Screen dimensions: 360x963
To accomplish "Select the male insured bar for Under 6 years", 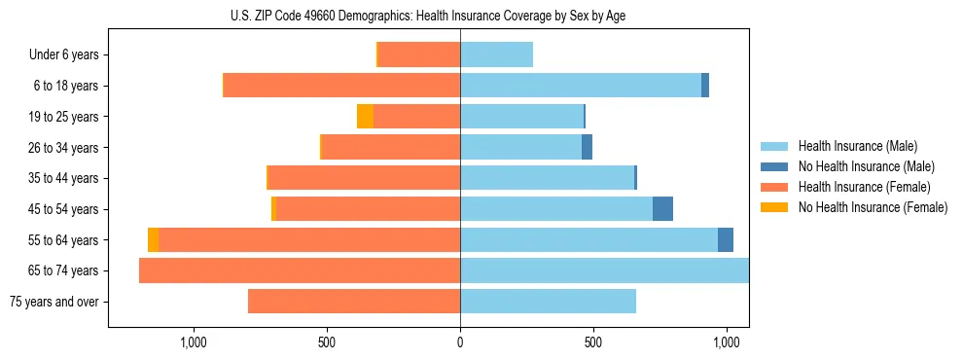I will click(496, 54).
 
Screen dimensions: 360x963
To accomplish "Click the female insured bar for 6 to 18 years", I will click(341, 86).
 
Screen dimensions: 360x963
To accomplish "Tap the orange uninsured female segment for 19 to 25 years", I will click(365, 117).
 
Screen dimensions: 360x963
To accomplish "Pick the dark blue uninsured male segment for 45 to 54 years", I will click(662, 209).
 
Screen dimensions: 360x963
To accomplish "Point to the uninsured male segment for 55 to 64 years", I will click(726, 240).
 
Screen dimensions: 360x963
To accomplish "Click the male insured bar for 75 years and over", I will click(548, 302).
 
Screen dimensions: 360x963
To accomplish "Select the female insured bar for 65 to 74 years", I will click(300, 270).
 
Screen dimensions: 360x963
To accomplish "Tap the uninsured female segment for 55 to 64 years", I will click(153, 240).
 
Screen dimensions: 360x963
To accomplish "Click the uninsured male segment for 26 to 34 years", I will click(587, 147).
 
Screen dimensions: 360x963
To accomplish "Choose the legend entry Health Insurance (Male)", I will click(857, 146).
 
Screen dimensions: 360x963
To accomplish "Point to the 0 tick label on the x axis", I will click(460, 342).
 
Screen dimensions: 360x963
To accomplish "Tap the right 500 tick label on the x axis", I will click(593, 342).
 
